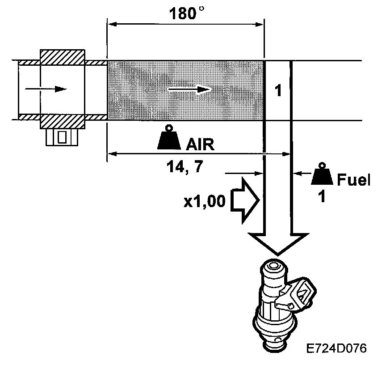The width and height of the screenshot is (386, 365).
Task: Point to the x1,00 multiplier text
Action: pos(205,202)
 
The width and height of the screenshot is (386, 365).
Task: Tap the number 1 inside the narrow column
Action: pos(278,91)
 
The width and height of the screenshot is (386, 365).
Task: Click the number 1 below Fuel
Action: pos(321,197)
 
